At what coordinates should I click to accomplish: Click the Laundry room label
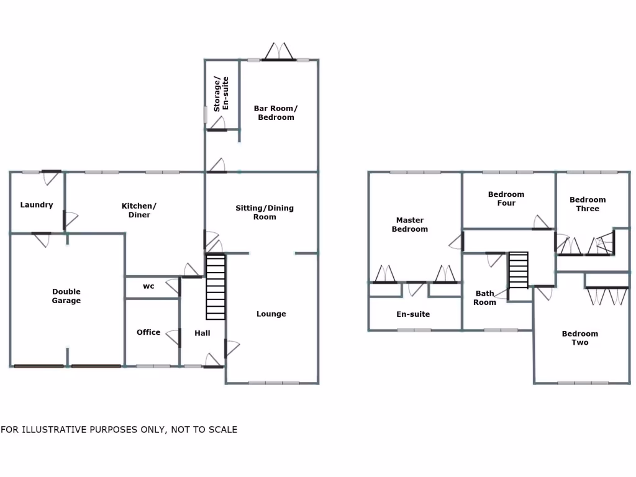(37, 205)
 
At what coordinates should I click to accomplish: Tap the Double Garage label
(66, 296)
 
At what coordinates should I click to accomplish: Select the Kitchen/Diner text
(139, 211)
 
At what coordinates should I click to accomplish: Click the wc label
(148, 286)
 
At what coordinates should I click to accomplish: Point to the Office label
(148, 332)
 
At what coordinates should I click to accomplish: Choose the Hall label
(202, 334)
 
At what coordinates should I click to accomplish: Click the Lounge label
(271, 314)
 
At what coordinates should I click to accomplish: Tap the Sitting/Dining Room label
(265, 212)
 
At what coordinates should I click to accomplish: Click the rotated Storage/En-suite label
(221, 94)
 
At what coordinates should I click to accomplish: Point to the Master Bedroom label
(410, 224)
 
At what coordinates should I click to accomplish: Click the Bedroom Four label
(506, 199)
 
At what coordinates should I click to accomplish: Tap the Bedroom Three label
(588, 204)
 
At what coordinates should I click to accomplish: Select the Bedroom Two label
(580, 338)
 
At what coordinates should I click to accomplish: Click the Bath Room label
(485, 298)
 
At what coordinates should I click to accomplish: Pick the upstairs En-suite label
(413, 314)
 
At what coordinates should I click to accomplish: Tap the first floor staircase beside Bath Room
(519, 270)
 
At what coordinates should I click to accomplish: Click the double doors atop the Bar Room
(278, 52)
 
